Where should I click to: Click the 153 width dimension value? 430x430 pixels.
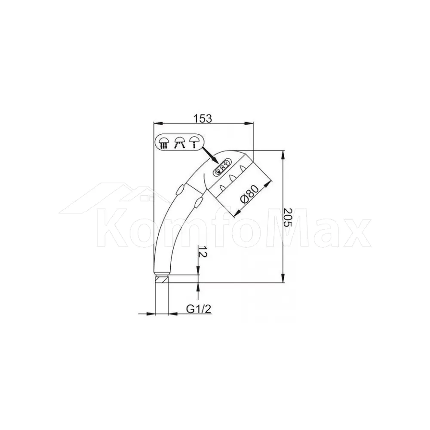pos(203,119)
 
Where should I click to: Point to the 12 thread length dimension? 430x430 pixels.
pos(202,251)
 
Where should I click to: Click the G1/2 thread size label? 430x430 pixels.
pos(199,309)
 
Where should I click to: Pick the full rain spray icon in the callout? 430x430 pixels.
pos(164,142)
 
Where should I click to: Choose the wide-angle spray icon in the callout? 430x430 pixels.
pos(179,142)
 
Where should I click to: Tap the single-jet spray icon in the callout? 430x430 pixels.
pos(194,142)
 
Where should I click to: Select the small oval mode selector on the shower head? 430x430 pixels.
pos(222,168)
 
